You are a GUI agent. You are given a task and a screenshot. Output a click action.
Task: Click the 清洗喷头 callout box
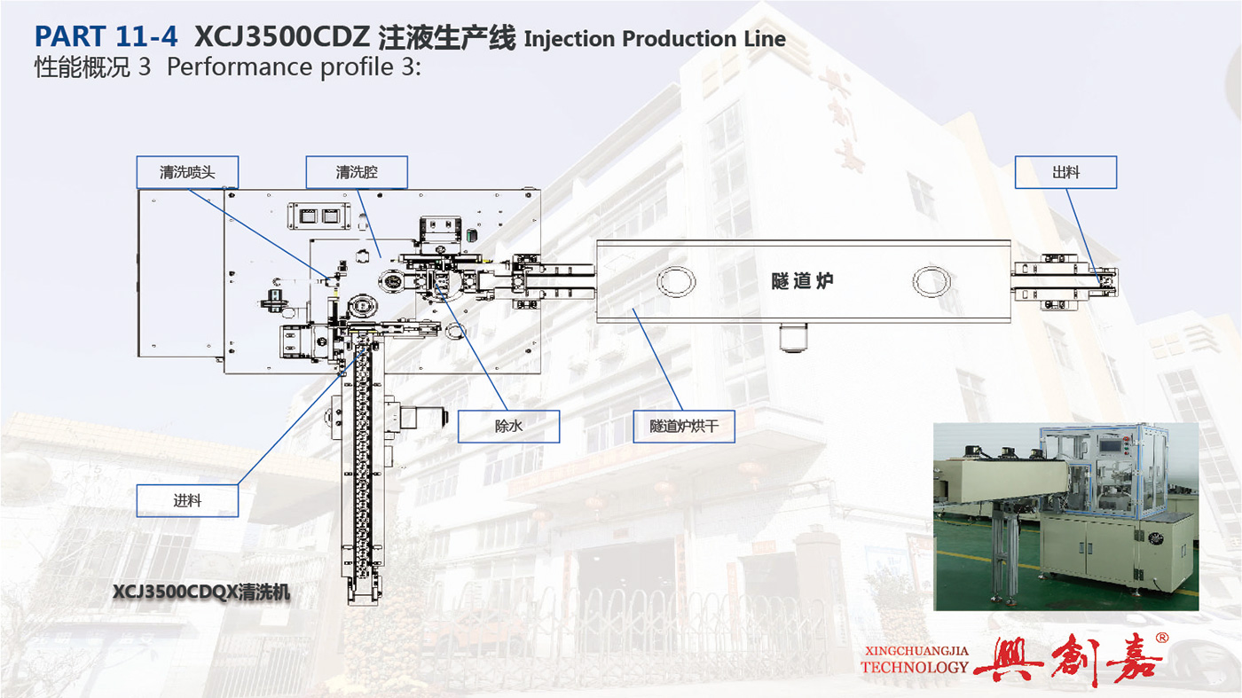[187, 172]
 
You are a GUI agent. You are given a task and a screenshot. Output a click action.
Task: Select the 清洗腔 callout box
[357, 172]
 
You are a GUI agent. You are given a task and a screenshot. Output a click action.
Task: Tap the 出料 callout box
[1065, 172]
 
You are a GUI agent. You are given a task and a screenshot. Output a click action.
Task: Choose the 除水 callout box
[508, 426]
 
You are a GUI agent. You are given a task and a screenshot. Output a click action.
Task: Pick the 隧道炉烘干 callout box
[684, 426]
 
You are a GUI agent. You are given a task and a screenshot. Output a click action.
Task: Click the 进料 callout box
[187, 500]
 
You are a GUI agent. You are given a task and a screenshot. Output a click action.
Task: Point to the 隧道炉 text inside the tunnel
[802, 281]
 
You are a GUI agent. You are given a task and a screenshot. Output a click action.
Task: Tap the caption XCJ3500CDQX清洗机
[201, 592]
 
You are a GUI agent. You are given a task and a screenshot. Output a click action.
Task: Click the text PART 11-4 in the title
[106, 36]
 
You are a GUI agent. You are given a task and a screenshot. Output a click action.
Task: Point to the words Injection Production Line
[655, 39]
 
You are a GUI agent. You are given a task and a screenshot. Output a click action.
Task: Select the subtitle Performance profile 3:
[294, 67]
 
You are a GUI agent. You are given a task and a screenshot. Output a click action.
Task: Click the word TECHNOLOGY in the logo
[915, 667]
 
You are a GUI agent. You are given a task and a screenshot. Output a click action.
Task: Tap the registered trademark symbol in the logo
[1161, 638]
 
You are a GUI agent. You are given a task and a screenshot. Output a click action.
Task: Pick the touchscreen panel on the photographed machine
[1108, 447]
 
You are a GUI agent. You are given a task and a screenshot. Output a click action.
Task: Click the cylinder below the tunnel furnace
[793, 336]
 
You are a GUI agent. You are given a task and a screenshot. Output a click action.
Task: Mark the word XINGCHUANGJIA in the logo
[916, 651]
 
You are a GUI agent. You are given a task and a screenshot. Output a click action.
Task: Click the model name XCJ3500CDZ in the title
[282, 36]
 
